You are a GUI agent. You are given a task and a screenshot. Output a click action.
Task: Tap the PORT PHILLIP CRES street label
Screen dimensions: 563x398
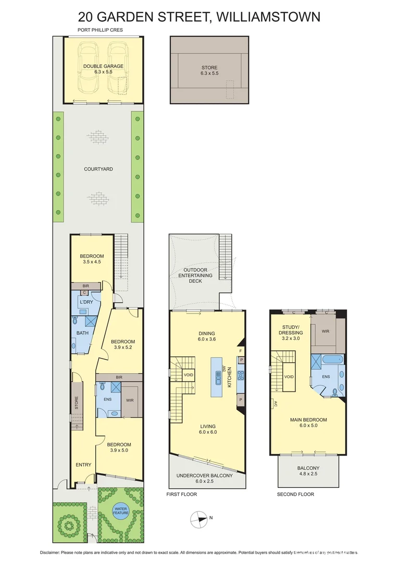[x=100, y=30]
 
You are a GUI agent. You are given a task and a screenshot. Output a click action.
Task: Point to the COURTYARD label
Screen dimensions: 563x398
[x=98, y=169]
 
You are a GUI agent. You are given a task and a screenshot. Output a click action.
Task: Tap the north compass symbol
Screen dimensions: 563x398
[x=200, y=518]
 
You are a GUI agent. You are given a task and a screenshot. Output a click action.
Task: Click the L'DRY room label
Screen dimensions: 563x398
[x=86, y=302]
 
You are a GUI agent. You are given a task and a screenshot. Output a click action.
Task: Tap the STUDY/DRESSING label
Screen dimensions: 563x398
[x=291, y=329]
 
